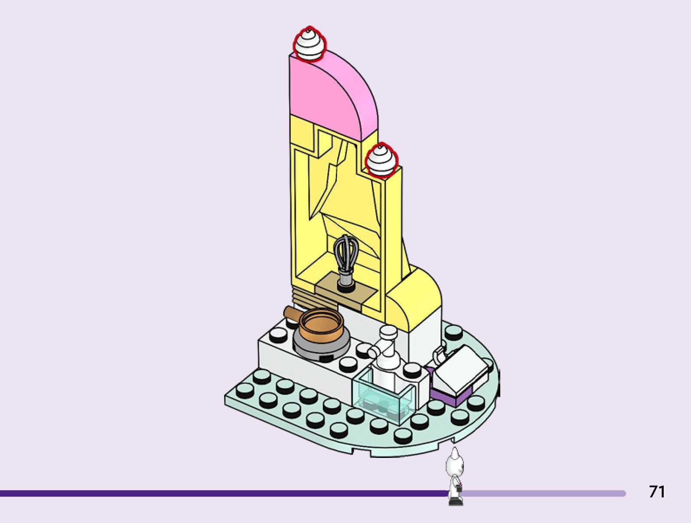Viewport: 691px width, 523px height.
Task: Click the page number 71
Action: click(657, 491)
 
